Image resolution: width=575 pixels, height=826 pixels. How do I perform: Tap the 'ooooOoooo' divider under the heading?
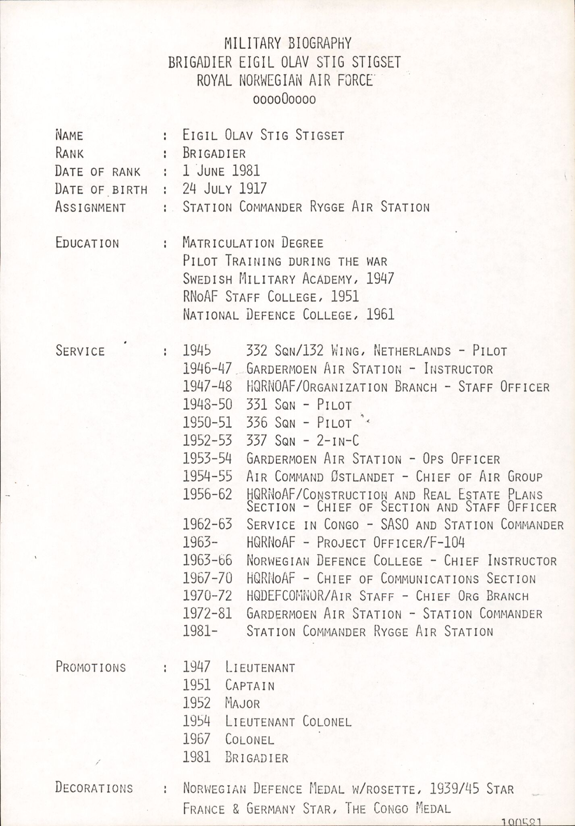click(284, 99)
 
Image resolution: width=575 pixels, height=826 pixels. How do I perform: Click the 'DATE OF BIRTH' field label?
click(101, 189)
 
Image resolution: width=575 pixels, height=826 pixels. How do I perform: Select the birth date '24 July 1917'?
click(224, 189)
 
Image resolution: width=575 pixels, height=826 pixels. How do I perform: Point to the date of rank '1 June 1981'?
click(221, 171)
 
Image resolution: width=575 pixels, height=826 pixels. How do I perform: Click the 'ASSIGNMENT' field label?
click(90, 207)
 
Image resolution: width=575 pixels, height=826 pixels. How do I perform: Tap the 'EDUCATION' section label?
click(87, 243)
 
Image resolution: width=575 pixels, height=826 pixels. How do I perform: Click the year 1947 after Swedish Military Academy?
click(380, 279)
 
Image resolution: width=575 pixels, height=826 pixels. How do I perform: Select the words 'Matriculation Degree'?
click(253, 243)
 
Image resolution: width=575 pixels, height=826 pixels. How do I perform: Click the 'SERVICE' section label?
click(80, 351)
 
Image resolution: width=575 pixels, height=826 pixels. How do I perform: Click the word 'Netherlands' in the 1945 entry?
click(412, 351)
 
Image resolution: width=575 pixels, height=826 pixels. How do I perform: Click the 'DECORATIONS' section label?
click(94, 788)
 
